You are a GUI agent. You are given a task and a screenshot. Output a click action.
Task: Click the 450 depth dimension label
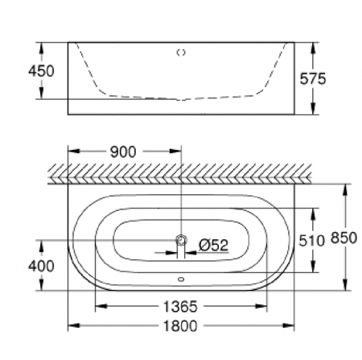tap(41, 71)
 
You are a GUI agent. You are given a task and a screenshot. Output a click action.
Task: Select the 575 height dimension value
tap(313, 79)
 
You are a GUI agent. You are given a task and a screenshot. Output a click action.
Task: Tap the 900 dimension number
tap(123, 151)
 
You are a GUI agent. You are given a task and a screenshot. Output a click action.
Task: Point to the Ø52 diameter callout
tap(213, 245)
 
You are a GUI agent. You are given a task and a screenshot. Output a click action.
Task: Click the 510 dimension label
tap(312, 241)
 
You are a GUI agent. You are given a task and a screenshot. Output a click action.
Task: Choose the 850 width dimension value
tap(343, 238)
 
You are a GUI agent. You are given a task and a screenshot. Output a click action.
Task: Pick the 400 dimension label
tap(41, 266)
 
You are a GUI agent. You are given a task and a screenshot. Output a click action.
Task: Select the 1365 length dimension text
tap(180, 306)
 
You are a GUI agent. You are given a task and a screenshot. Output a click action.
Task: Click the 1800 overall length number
tap(180, 326)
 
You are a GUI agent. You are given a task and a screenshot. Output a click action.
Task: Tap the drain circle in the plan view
tap(181, 240)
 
